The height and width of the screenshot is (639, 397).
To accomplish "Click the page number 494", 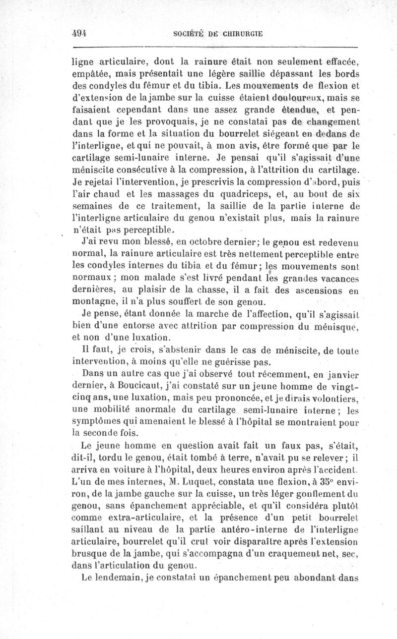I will point(79,34).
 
